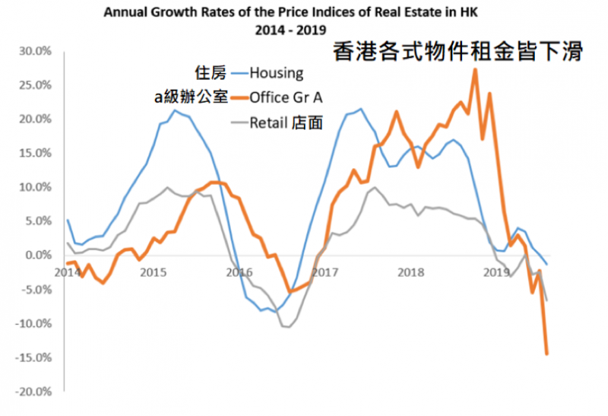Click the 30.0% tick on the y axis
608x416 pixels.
[x=35, y=51]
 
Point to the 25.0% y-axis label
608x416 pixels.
[x=35, y=85]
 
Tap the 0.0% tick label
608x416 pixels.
[x=37, y=256]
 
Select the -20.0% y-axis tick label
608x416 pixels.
[x=33, y=392]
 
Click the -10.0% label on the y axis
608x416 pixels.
[x=33, y=324]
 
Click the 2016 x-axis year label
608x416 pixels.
[x=239, y=271]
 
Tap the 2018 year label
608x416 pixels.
[x=411, y=271]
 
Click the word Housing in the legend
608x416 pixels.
[x=277, y=73]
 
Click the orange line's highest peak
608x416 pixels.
[x=475, y=69]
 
